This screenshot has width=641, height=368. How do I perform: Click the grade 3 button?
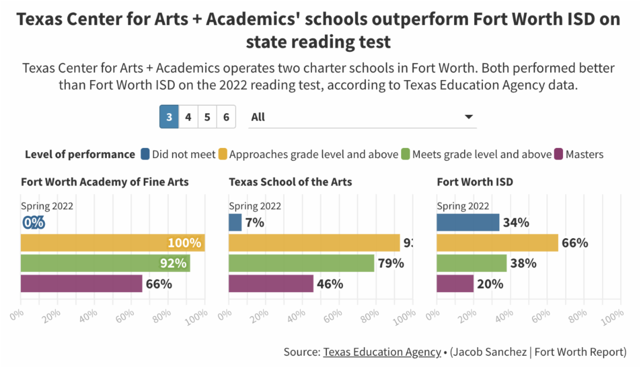[169, 117]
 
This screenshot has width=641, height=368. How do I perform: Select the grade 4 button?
[188, 117]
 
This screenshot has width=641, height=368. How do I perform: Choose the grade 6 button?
[226, 117]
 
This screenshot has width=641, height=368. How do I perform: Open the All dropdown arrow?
[468, 117]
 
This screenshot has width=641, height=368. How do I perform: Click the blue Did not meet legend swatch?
[145, 154]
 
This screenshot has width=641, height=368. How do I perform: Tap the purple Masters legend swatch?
[559, 154]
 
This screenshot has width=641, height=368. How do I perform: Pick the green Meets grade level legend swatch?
[405, 154]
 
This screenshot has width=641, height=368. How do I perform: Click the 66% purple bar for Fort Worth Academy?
[81, 284]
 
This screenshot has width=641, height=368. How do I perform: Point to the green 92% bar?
[105, 263]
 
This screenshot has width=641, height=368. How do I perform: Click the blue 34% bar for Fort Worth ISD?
[467, 222]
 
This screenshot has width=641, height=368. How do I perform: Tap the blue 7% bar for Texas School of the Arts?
[235, 222]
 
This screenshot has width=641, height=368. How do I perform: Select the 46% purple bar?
[271, 284]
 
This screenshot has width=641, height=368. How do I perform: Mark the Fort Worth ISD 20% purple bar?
[455, 284]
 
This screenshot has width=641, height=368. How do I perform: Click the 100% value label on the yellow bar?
[184, 243]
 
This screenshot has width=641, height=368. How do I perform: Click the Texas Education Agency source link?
[382, 352]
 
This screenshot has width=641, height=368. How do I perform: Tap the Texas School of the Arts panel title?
[290, 182]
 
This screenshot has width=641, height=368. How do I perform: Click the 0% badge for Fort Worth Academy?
[33, 222]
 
